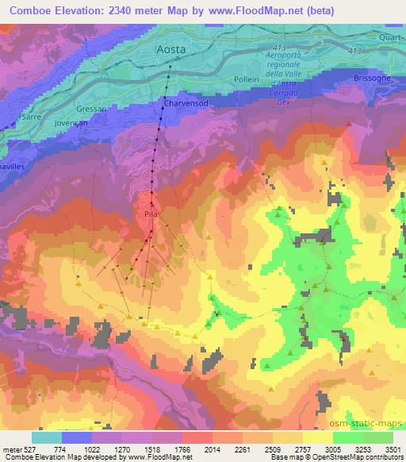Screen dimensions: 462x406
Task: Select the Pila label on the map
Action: point(151,214)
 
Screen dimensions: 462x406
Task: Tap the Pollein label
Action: point(247,80)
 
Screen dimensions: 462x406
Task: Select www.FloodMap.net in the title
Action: point(254,11)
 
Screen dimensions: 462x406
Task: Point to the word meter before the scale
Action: point(9,449)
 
